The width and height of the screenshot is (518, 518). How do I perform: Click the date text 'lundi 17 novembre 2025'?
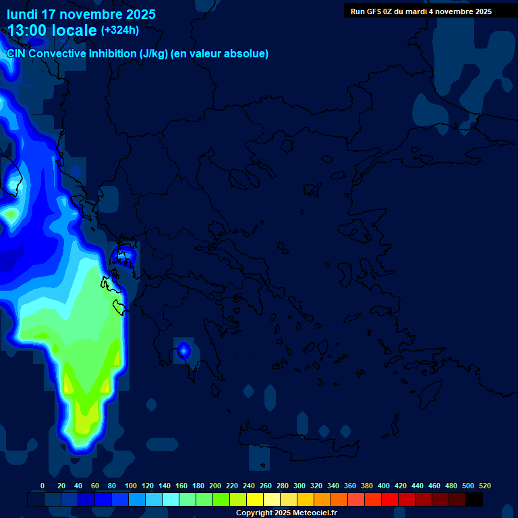click(x=81, y=14)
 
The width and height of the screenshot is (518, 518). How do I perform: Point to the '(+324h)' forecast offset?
click(x=119, y=30)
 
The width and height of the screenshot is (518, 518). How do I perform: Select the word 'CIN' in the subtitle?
click(x=17, y=54)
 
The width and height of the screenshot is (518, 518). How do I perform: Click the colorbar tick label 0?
click(x=42, y=486)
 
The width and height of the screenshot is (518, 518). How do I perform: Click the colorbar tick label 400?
click(x=384, y=486)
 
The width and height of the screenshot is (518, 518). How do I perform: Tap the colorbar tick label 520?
click(x=484, y=486)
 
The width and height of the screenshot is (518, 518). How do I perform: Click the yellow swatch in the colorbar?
click(x=255, y=500)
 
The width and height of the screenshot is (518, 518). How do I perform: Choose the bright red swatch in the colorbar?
click(x=390, y=500)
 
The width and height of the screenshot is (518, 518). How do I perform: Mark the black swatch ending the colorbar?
click(x=474, y=500)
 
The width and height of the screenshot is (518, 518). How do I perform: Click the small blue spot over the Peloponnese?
click(x=183, y=350)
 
